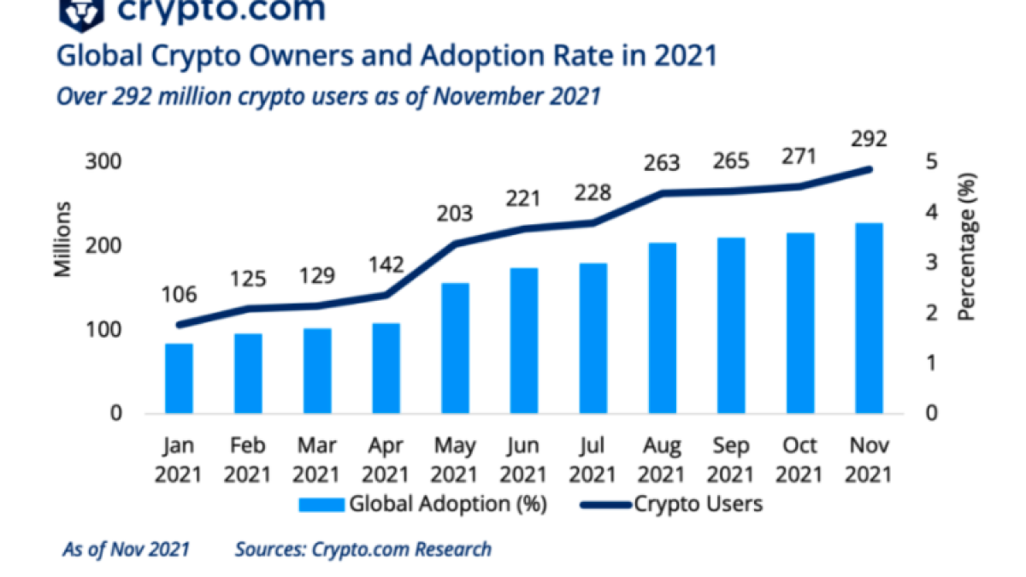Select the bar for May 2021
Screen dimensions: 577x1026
456,348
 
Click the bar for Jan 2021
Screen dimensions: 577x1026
179,378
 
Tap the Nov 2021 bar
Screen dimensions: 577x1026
870,318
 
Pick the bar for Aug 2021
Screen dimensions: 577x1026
663,328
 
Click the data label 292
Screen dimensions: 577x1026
870,139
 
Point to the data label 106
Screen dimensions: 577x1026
179,295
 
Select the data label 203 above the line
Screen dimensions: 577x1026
456,214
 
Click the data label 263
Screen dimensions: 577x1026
663,162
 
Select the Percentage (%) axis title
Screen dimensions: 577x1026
967,245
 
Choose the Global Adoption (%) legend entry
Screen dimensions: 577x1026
422,503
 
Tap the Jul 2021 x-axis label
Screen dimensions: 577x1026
593,460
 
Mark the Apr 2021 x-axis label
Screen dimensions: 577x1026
386,460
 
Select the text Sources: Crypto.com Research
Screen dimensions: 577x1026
363,549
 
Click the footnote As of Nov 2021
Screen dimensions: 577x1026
127,549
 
